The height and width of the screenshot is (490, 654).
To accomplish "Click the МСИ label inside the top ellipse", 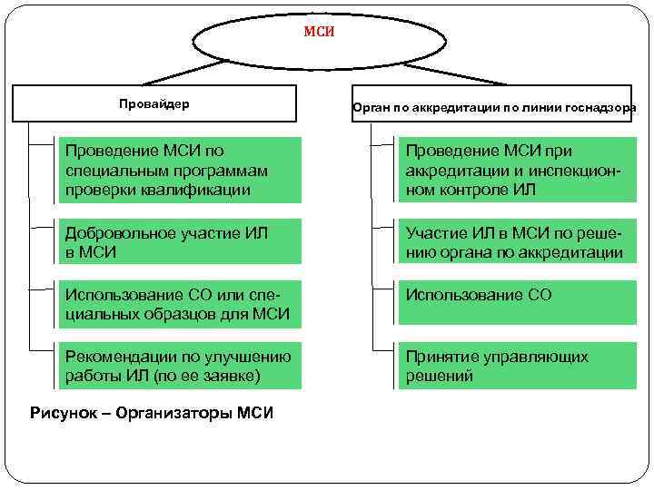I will click(x=319, y=33).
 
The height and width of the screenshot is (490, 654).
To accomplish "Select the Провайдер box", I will click(x=154, y=103).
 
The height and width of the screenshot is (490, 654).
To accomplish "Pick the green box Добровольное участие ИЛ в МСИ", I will click(x=178, y=241).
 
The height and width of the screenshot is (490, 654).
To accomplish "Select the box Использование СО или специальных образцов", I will click(x=178, y=305).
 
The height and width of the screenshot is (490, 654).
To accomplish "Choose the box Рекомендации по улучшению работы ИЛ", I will click(x=178, y=366).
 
